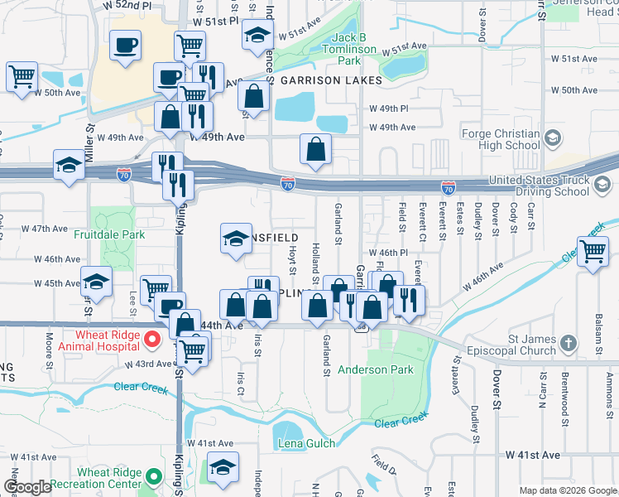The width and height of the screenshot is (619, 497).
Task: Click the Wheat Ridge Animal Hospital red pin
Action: [151, 339]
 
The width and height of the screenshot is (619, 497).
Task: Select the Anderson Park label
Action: [375, 370]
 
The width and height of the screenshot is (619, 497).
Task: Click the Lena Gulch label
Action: [306, 443]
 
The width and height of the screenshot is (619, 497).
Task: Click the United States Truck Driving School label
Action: [538, 186]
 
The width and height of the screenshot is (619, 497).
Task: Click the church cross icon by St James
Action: [569, 342]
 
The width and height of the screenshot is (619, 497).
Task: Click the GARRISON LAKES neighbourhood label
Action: [330, 80]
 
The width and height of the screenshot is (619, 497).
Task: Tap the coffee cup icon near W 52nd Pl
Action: [126, 46]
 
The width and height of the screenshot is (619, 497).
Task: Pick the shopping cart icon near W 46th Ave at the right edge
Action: [593, 251]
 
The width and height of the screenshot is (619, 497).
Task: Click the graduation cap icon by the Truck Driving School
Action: [602, 186]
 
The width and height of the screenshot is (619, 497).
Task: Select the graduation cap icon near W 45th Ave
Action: [96, 282]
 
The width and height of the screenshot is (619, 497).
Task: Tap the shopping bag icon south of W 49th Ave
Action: [315, 150]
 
